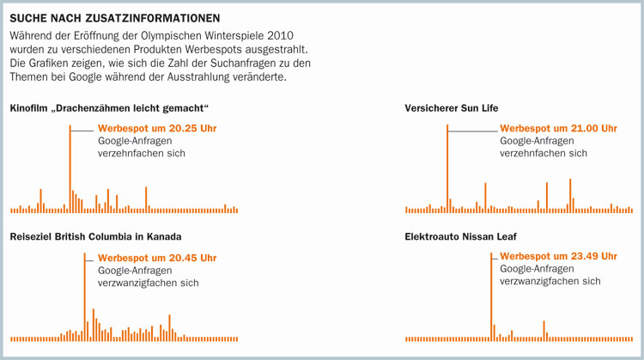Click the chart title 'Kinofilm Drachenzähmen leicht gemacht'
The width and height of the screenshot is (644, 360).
click(x=110, y=107)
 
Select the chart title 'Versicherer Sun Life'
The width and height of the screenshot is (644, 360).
click(x=452, y=107)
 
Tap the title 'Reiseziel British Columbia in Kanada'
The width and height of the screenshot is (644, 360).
click(x=95, y=236)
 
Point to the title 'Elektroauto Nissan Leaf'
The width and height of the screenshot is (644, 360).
click(x=460, y=236)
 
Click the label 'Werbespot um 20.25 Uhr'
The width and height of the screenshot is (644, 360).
click(x=157, y=129)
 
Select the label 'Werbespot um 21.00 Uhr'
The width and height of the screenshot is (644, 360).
click(x=558, y=129)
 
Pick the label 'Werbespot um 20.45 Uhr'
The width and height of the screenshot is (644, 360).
click(x=157, y=258)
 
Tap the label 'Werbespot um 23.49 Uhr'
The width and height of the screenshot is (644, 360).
click(x=558, y=256)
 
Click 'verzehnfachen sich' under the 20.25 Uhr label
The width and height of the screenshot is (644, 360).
click(x=142, y=153)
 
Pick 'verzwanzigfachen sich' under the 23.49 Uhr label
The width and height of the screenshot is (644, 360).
click(x=550, y=281)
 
